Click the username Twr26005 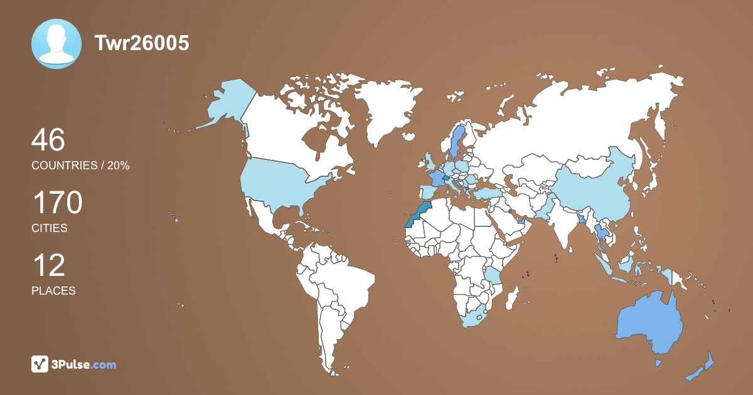click(x=141, y=43)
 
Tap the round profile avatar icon click(x=56, y=44)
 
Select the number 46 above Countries click(x=48, y=140)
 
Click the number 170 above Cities click(x=57, y=203)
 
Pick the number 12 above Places click(x=48, y=266)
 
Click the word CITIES click(x=50, y=228)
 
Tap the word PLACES click(x=53, y=291)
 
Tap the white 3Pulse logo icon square click(x=40, y=364)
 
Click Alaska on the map click(x=226, y=103)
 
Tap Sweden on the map click(x=456, y=141)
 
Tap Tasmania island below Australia click(x=658, y=363)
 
